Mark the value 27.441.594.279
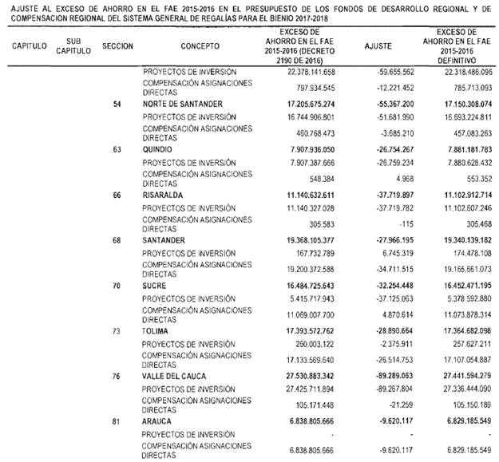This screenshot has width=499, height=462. pos(459,373)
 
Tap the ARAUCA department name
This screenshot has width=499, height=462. pos(160,418)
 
